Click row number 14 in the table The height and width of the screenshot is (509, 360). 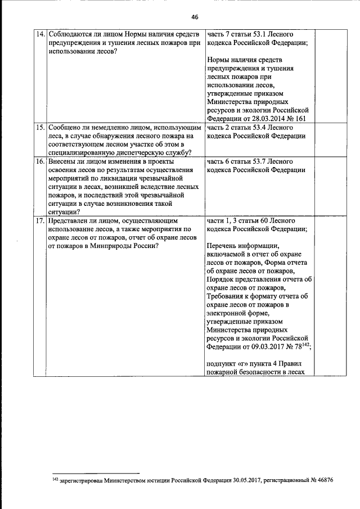[40, 34]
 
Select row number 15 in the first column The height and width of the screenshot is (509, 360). [40, 128]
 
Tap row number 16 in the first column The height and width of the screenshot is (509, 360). [40, 161]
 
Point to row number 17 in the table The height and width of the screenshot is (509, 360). [40, 221]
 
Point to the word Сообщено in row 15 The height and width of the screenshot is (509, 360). [65, 128]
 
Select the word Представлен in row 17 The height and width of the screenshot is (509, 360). [70, 221]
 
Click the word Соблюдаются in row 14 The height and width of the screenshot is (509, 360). [71, 34]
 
